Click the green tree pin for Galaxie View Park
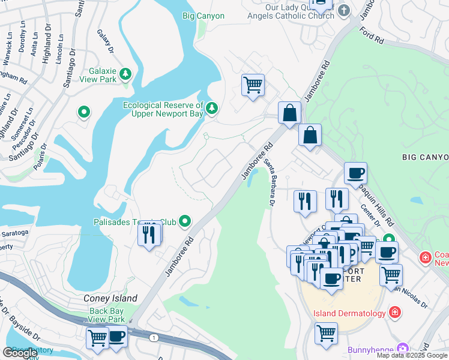click(x=125, y=74)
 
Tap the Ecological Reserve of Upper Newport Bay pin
click(x=211, y=108)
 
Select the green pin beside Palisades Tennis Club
click(x=185, y=222)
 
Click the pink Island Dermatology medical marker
click(x=394, y=311)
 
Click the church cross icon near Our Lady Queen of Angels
click(x=343, y=10)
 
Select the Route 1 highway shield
click(x=154, y=338)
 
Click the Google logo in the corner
click(x=20, y=353)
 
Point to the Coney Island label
click(x=110, y=298)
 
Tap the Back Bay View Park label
click(x=106, y=315)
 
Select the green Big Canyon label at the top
click(x=203, y=16)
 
